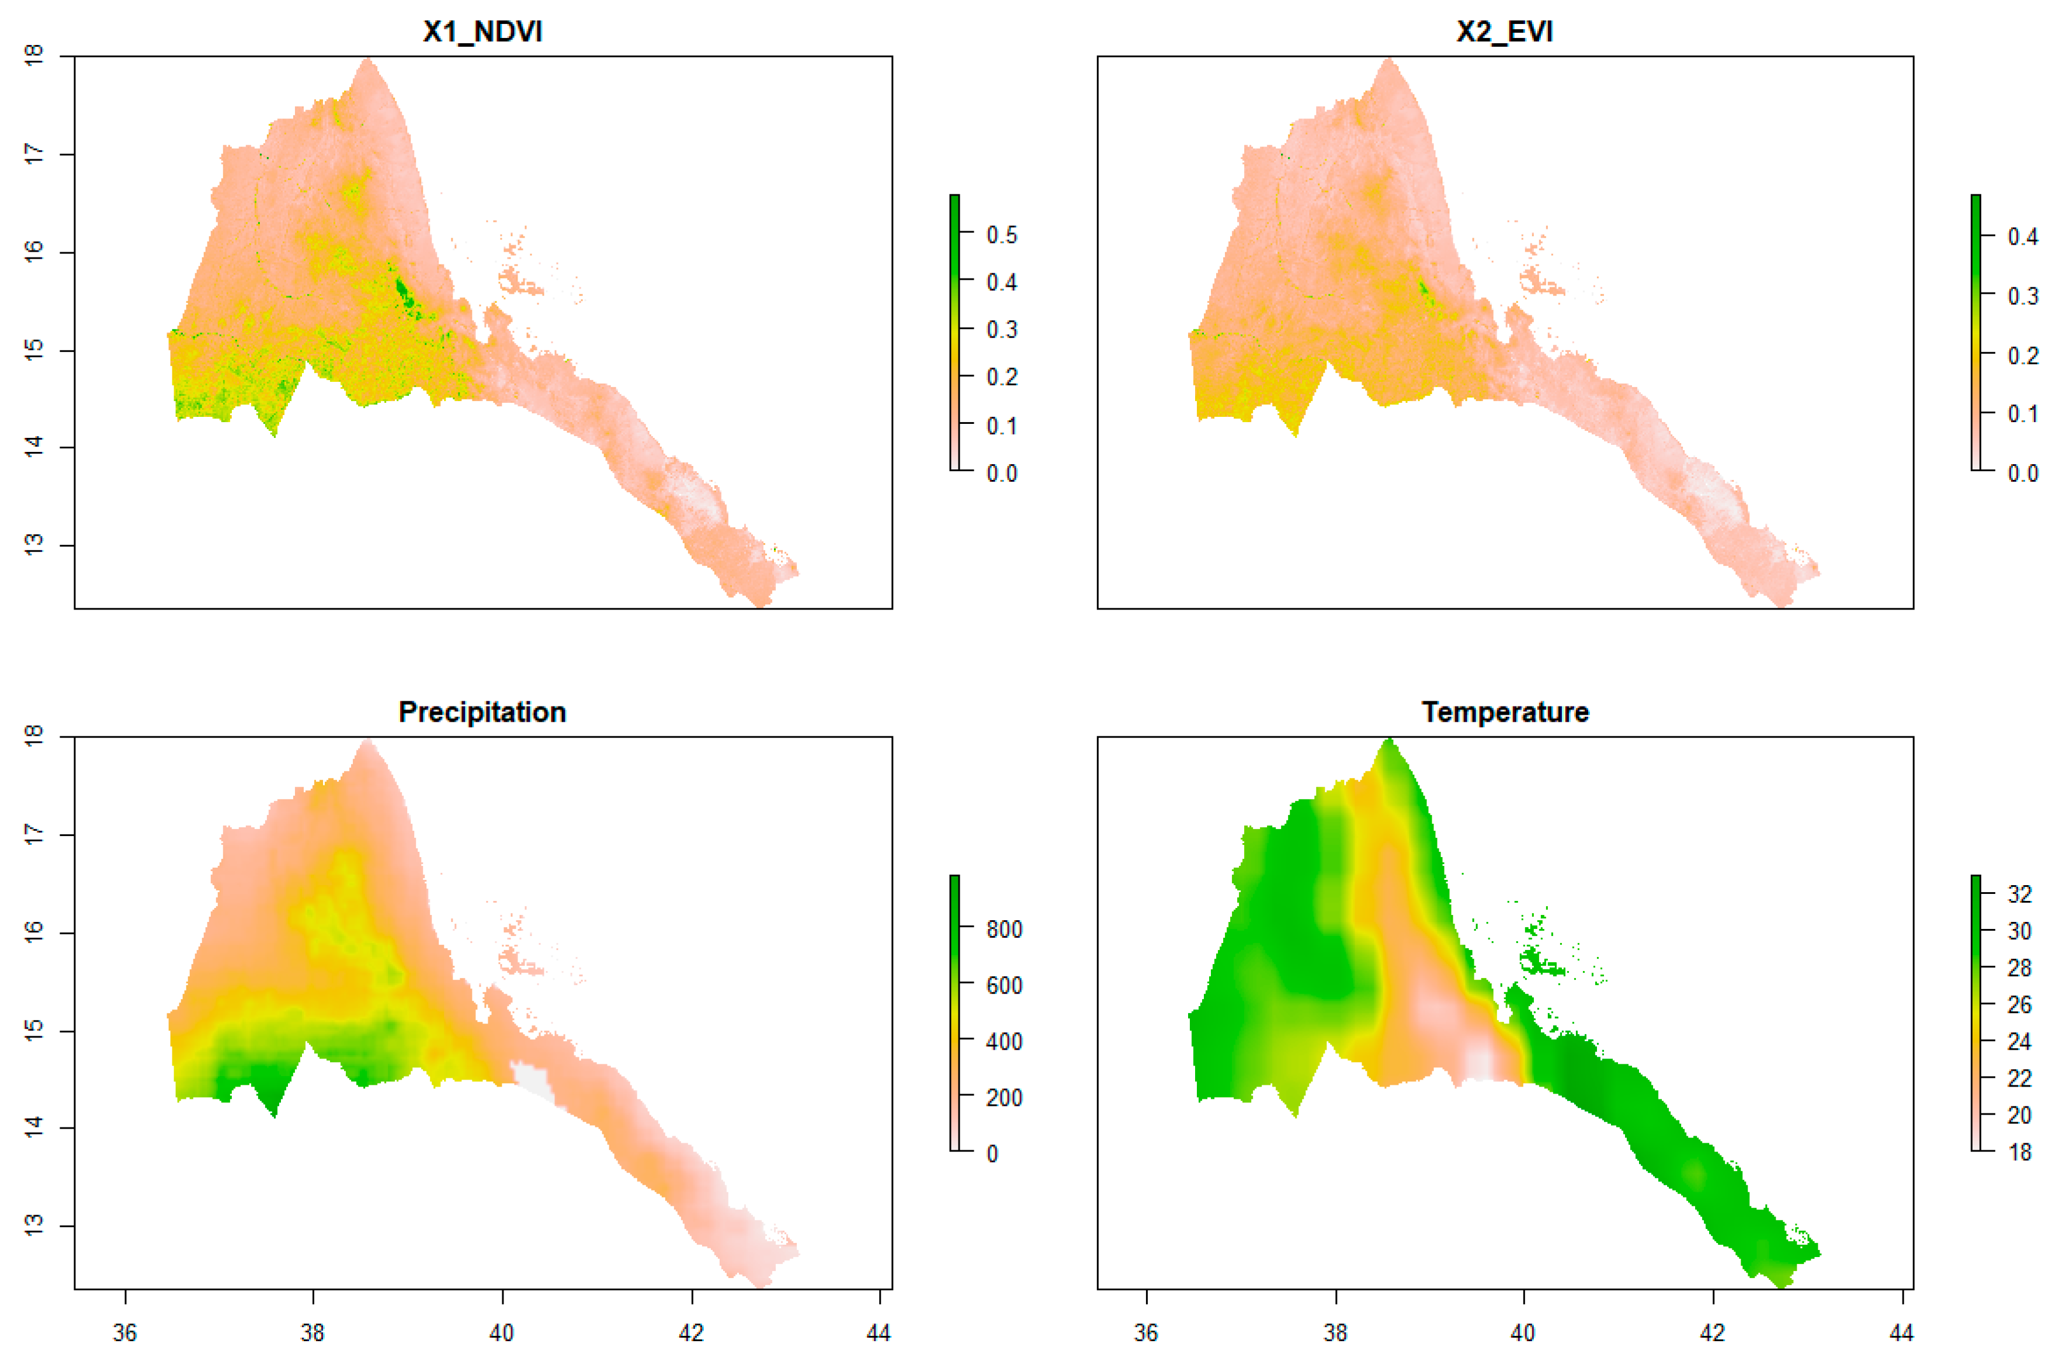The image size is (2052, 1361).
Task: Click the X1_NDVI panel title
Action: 483,32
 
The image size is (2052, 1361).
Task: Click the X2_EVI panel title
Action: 1505,32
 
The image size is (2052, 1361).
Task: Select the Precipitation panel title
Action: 483,712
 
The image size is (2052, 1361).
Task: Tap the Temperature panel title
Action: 1505,712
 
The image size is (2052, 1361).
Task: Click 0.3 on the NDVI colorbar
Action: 1001,330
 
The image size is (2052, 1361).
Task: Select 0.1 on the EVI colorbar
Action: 2022,414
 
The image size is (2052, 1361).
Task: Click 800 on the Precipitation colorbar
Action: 1004,930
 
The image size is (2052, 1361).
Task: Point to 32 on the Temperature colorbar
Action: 2020,894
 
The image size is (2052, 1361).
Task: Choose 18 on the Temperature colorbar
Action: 2020,1152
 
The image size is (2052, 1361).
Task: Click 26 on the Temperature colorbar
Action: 2020,1004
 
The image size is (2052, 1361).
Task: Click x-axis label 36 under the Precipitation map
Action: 125,1332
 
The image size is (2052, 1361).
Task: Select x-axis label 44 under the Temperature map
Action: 1902,1332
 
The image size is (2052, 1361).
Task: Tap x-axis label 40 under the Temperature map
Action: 1523,1332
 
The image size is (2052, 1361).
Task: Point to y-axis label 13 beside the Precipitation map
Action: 33,1226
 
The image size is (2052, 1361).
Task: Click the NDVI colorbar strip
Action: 954,332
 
